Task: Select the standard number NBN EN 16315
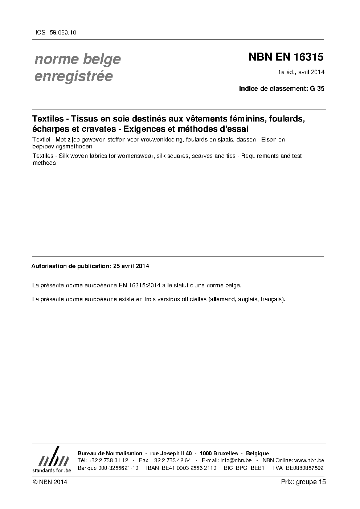point(286,57)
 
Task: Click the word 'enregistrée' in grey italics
point(73,76)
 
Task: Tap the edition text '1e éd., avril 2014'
point(301,72)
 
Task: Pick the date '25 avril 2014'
point(131,266)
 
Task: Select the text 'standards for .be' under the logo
point(52,470)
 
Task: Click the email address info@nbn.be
point(236,460)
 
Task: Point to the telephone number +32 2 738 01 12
point(108,460)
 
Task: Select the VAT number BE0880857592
point(304,468)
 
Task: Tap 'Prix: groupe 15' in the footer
point(303,482)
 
